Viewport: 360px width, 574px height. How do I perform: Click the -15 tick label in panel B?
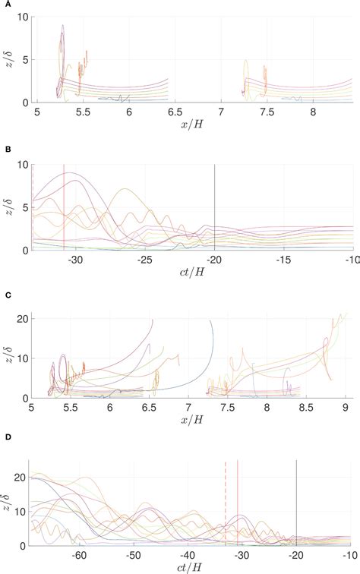(x=284, y=259)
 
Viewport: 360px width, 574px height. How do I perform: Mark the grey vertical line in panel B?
(x=215, y=205)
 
